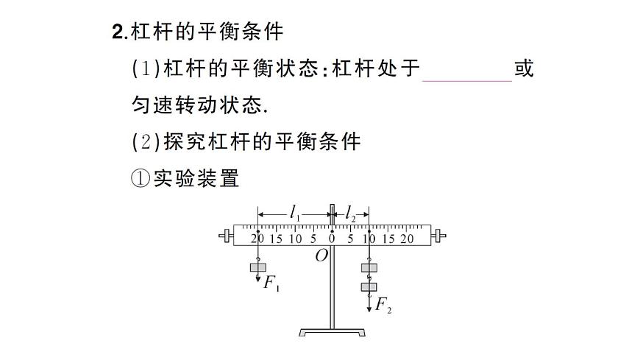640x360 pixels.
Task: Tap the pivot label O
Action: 321,255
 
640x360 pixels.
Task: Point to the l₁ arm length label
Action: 295,215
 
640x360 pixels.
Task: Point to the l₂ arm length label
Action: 351,215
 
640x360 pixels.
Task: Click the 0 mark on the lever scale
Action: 332,238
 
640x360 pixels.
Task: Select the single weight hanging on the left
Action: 257,268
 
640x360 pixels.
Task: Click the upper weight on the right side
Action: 369,269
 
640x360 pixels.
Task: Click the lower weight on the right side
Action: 369,286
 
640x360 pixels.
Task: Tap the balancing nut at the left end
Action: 226,236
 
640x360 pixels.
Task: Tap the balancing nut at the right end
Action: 439,236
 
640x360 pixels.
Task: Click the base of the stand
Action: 333,333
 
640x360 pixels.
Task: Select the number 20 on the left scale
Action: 257,238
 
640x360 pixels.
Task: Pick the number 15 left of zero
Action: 277,238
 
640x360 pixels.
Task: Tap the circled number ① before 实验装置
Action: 141,178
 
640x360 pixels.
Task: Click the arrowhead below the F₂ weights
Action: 369,309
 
